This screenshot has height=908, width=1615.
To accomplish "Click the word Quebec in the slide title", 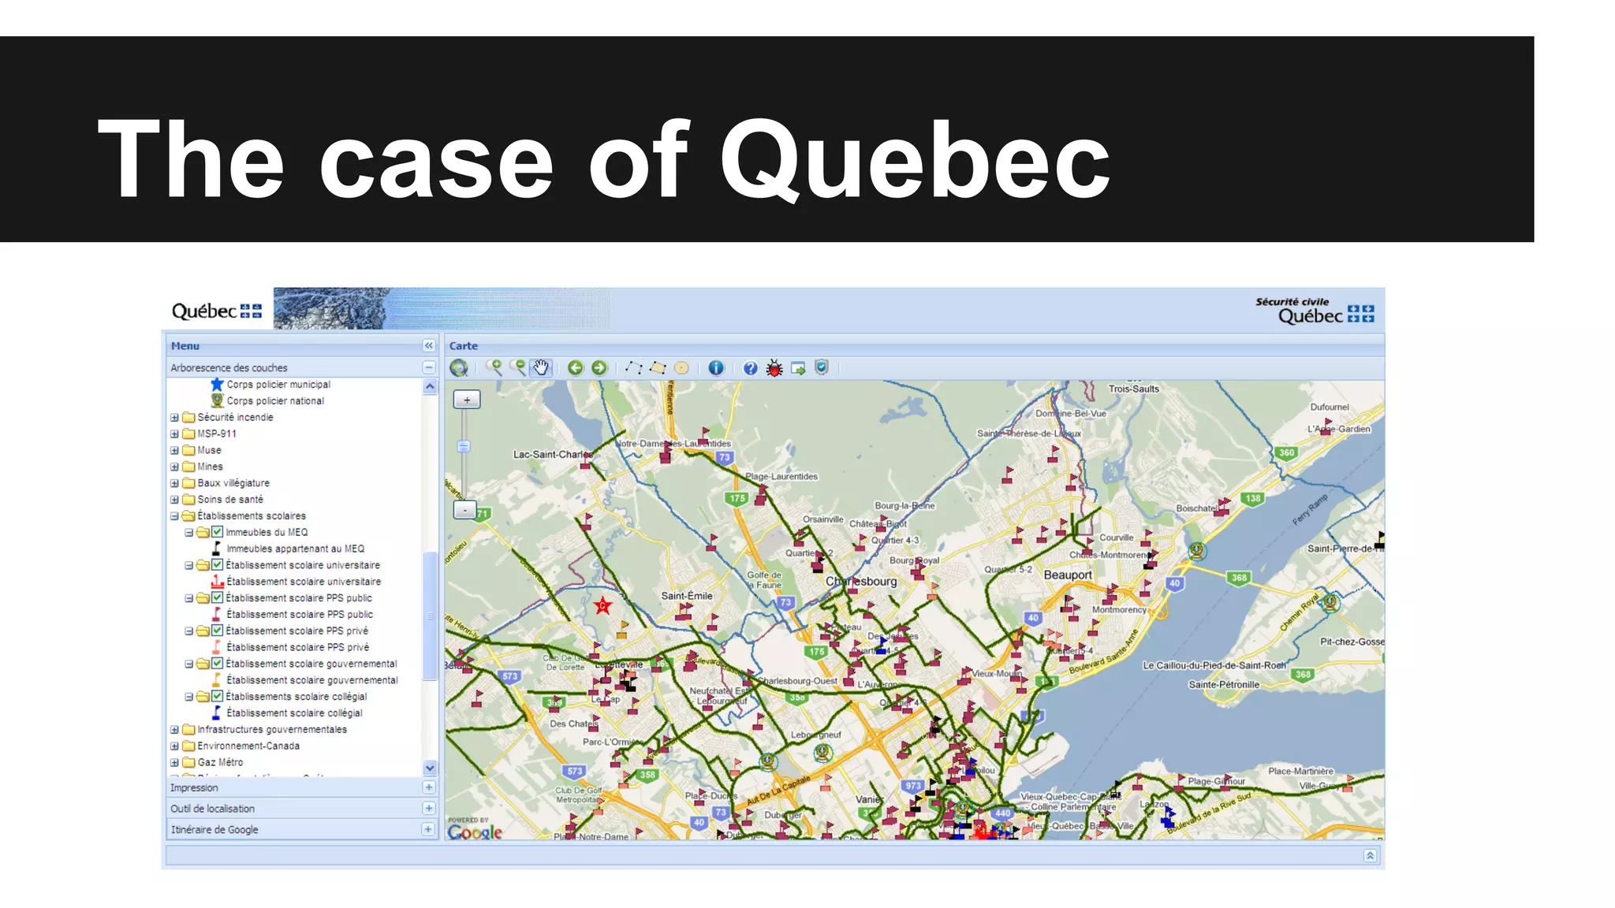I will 915,160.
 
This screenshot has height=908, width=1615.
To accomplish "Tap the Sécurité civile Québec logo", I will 1315,311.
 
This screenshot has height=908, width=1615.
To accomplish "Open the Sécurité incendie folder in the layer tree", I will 235,418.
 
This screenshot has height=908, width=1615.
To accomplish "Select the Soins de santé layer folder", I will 230,500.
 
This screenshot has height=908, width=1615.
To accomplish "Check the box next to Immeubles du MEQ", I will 218,532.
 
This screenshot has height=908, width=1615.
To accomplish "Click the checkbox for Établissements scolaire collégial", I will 218,696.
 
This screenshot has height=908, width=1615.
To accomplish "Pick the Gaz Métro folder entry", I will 220,762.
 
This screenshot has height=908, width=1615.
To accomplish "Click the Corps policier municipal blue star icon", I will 217,385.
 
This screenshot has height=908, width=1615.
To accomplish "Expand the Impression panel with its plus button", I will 428,787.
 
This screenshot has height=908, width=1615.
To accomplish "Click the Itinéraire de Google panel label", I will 214,830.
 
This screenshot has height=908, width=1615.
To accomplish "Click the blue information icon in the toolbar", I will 715,368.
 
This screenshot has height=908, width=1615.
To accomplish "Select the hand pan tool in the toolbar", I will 541,368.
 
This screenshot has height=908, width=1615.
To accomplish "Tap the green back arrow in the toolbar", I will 576,368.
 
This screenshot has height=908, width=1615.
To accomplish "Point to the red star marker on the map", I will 603,606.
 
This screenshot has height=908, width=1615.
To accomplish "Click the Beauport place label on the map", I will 1068,575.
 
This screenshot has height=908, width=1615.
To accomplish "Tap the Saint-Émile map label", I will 687,596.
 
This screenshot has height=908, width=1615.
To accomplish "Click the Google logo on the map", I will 475,832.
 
